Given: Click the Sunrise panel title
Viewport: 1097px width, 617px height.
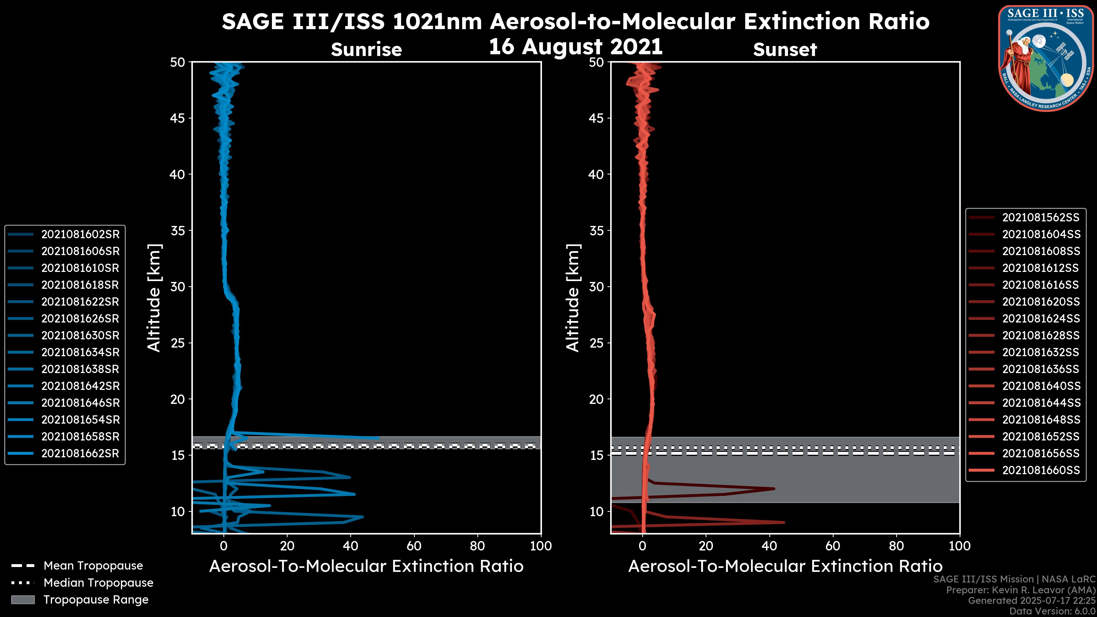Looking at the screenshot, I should point(366,49).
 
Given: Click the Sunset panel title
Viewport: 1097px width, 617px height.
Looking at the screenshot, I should point(785,49).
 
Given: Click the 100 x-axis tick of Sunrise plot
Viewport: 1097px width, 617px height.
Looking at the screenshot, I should point(541,546).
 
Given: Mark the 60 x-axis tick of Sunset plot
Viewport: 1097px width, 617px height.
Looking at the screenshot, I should point(832,546).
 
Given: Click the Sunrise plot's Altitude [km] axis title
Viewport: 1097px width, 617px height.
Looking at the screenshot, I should point(154,298).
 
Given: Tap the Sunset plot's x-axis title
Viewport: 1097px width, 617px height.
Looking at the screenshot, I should point(785,566).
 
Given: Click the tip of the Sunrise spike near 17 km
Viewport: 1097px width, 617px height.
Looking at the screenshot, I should point(379,438).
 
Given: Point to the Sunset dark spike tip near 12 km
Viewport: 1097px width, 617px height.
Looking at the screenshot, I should point(774,488).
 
